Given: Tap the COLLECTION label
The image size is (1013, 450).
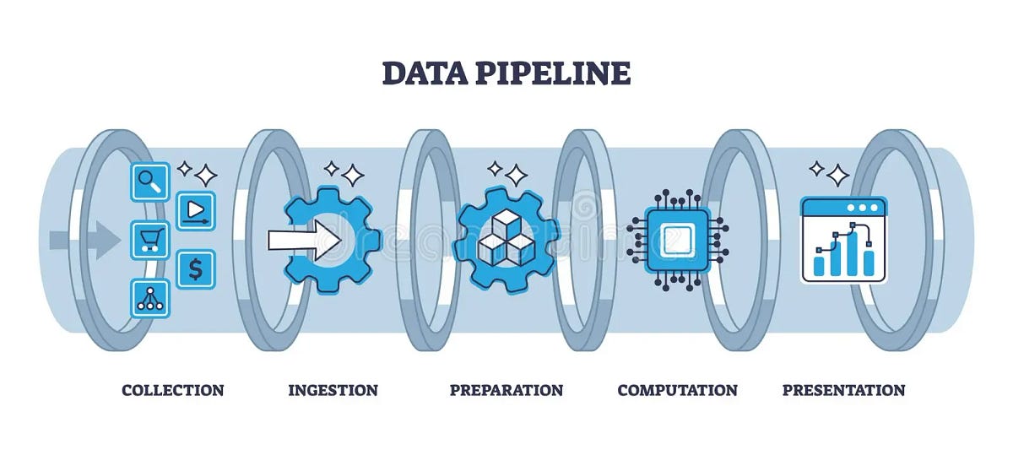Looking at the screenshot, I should [x=173, y=390].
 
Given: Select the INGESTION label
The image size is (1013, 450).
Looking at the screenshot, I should [x=333, y=390].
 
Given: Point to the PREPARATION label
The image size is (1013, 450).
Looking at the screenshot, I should [x=506, y=390].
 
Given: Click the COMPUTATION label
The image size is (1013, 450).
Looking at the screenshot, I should [x=677, y=390].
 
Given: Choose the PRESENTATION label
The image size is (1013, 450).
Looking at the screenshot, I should [x=843, y=390].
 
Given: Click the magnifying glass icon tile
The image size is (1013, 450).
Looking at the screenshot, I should [x=149, y=181].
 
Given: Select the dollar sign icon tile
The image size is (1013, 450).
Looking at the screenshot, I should [x=196, y=268].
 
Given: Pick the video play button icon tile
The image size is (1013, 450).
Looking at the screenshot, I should [x=196, y=210].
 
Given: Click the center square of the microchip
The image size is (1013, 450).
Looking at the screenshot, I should [x=677, y=240].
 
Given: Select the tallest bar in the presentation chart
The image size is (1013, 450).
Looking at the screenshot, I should [x=852, y=252].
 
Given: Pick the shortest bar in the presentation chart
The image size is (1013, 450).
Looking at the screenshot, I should [x=819, y=266].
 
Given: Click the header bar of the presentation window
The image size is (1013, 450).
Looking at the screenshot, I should [x=843, y=207].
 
